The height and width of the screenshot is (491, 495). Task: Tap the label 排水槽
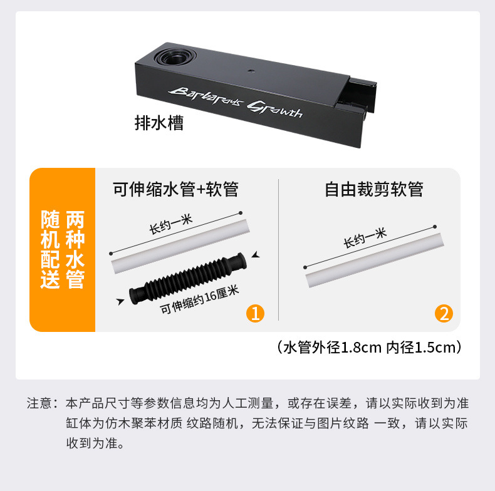click(x=160, y=122)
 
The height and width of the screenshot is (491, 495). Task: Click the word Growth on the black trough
click(x=275, y=110)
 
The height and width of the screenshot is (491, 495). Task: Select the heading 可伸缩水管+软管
click(x=175, y=189)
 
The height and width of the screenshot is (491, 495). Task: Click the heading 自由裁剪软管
click(x=374, y=189)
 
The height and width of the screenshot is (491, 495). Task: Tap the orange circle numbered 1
click(x=254, y=313)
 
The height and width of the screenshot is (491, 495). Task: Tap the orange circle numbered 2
click(x=444, y=313)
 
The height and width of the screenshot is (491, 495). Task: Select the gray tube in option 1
click(x=182, y=244)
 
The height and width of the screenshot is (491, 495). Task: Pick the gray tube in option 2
click(x=374, y=257)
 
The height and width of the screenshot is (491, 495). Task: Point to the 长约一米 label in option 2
click(x=365, y=239)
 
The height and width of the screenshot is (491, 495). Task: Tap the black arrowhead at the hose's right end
click(x=255, y=256)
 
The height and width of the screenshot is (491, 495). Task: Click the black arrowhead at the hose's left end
click(x=120, y=302)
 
